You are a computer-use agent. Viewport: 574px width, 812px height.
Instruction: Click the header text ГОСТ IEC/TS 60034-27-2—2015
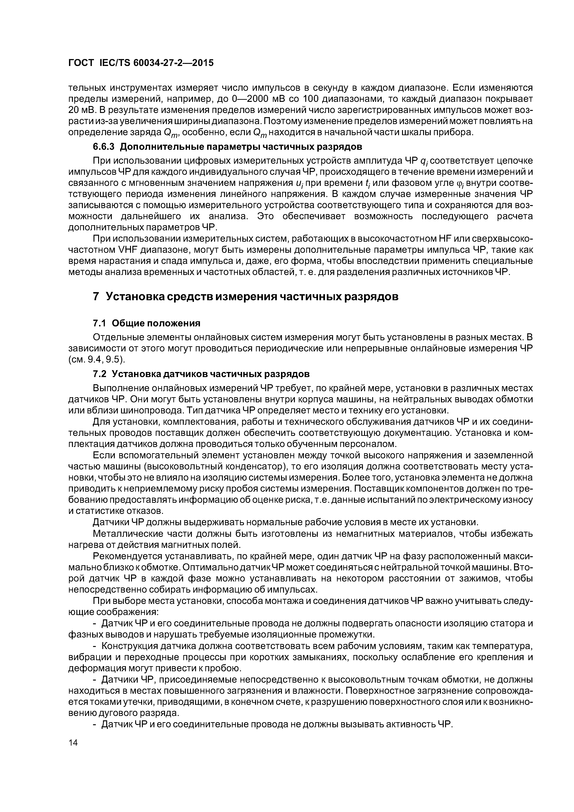[x=141, y=63]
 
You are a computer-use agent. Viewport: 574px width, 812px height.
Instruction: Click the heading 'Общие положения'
[x=156, y=323]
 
